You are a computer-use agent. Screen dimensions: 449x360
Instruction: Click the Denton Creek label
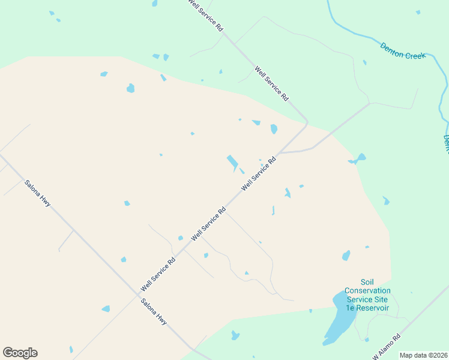403,51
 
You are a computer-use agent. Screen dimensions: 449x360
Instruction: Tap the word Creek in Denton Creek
415,55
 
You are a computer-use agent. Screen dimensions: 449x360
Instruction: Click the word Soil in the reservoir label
367,282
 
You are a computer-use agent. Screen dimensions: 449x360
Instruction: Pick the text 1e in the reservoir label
350,308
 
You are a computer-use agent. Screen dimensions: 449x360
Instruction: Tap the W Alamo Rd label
387,348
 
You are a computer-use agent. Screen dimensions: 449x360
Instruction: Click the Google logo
20,353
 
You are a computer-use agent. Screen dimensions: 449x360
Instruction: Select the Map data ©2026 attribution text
423,355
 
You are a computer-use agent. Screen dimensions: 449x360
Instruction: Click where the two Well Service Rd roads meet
306,124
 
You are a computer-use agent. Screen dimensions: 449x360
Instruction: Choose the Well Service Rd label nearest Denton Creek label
272,83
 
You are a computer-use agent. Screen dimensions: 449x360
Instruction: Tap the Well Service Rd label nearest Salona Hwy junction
158,275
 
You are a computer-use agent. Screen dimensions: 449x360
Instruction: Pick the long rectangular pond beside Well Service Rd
232,162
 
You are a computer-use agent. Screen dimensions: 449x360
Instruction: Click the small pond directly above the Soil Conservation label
346,256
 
